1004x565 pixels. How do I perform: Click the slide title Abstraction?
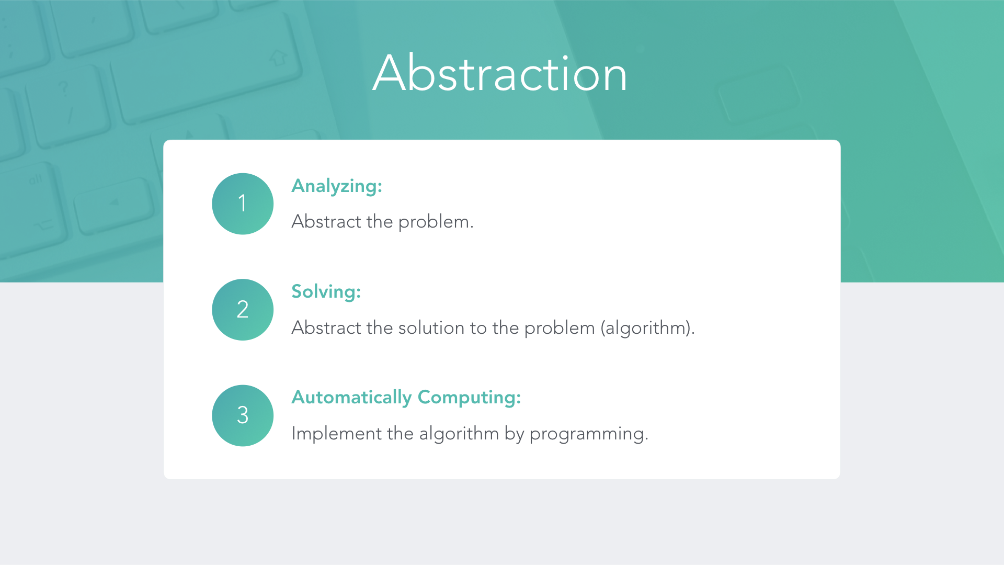(500, 73)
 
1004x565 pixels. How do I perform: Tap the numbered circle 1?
(243, 204)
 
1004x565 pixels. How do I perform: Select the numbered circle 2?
(243, 310)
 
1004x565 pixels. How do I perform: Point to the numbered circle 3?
(243, 415)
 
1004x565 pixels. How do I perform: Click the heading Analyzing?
(337, 186)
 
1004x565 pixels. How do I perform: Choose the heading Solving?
(326, 292)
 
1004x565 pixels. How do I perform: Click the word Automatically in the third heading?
(352, 398)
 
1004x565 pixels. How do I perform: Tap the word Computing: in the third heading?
(469, 398)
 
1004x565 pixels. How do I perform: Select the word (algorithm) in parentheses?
(647, 328)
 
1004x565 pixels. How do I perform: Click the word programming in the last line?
(589, 434)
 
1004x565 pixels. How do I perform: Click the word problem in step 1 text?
(436, 222)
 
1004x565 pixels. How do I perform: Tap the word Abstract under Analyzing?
(326, 222)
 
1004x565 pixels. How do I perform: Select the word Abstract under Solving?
(326, 327)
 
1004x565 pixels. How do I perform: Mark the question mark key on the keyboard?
(64, 88)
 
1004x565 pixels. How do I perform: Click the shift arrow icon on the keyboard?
(278, 57)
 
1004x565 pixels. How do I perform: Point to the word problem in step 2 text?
(560, 328)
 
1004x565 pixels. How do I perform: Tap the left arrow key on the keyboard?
(114, 202)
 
